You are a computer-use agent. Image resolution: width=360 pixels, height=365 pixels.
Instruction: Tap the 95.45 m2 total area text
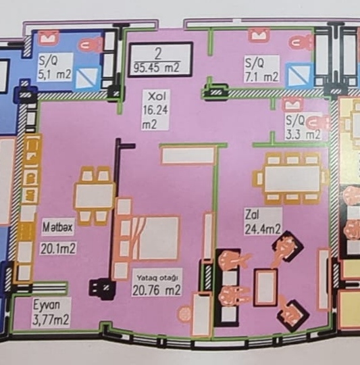click(x=156, y=68)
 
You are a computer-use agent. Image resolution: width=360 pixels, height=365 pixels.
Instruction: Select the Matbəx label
click(x=57, y=227)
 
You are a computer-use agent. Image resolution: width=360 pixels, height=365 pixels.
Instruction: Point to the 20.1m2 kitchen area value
click(x=58, y=249)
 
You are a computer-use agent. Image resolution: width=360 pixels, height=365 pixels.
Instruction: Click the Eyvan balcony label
click(x=47, y=305)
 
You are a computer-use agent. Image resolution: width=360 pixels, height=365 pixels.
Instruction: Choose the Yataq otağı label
click(x=157, y=278)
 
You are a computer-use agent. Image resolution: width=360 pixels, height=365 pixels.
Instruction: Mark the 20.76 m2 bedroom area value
click(x=156, y=290)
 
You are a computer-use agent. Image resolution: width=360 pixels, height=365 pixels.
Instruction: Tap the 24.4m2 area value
click(x=263, y=229)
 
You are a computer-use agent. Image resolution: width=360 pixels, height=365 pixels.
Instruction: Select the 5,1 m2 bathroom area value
click(x=55, y=74)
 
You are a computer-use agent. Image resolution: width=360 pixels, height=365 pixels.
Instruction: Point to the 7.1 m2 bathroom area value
click(x=261, y=76)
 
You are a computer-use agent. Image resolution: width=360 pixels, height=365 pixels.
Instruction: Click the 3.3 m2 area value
click(x=303, y=135)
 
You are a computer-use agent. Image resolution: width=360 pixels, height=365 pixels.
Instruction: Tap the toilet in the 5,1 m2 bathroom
click(x=91, y=44)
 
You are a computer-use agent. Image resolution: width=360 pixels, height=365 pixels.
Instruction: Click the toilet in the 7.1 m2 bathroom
click(x=301, y=43)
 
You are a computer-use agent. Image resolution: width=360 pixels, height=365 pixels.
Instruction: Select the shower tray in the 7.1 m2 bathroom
click(x=299, y=75)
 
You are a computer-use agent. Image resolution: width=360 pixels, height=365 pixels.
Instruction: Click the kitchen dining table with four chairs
click(x=94, y=196)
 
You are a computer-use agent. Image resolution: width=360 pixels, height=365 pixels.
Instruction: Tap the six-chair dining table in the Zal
click(x=291, y=178)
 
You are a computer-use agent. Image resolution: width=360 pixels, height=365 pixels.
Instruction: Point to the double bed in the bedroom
click(x=147, y=238)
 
